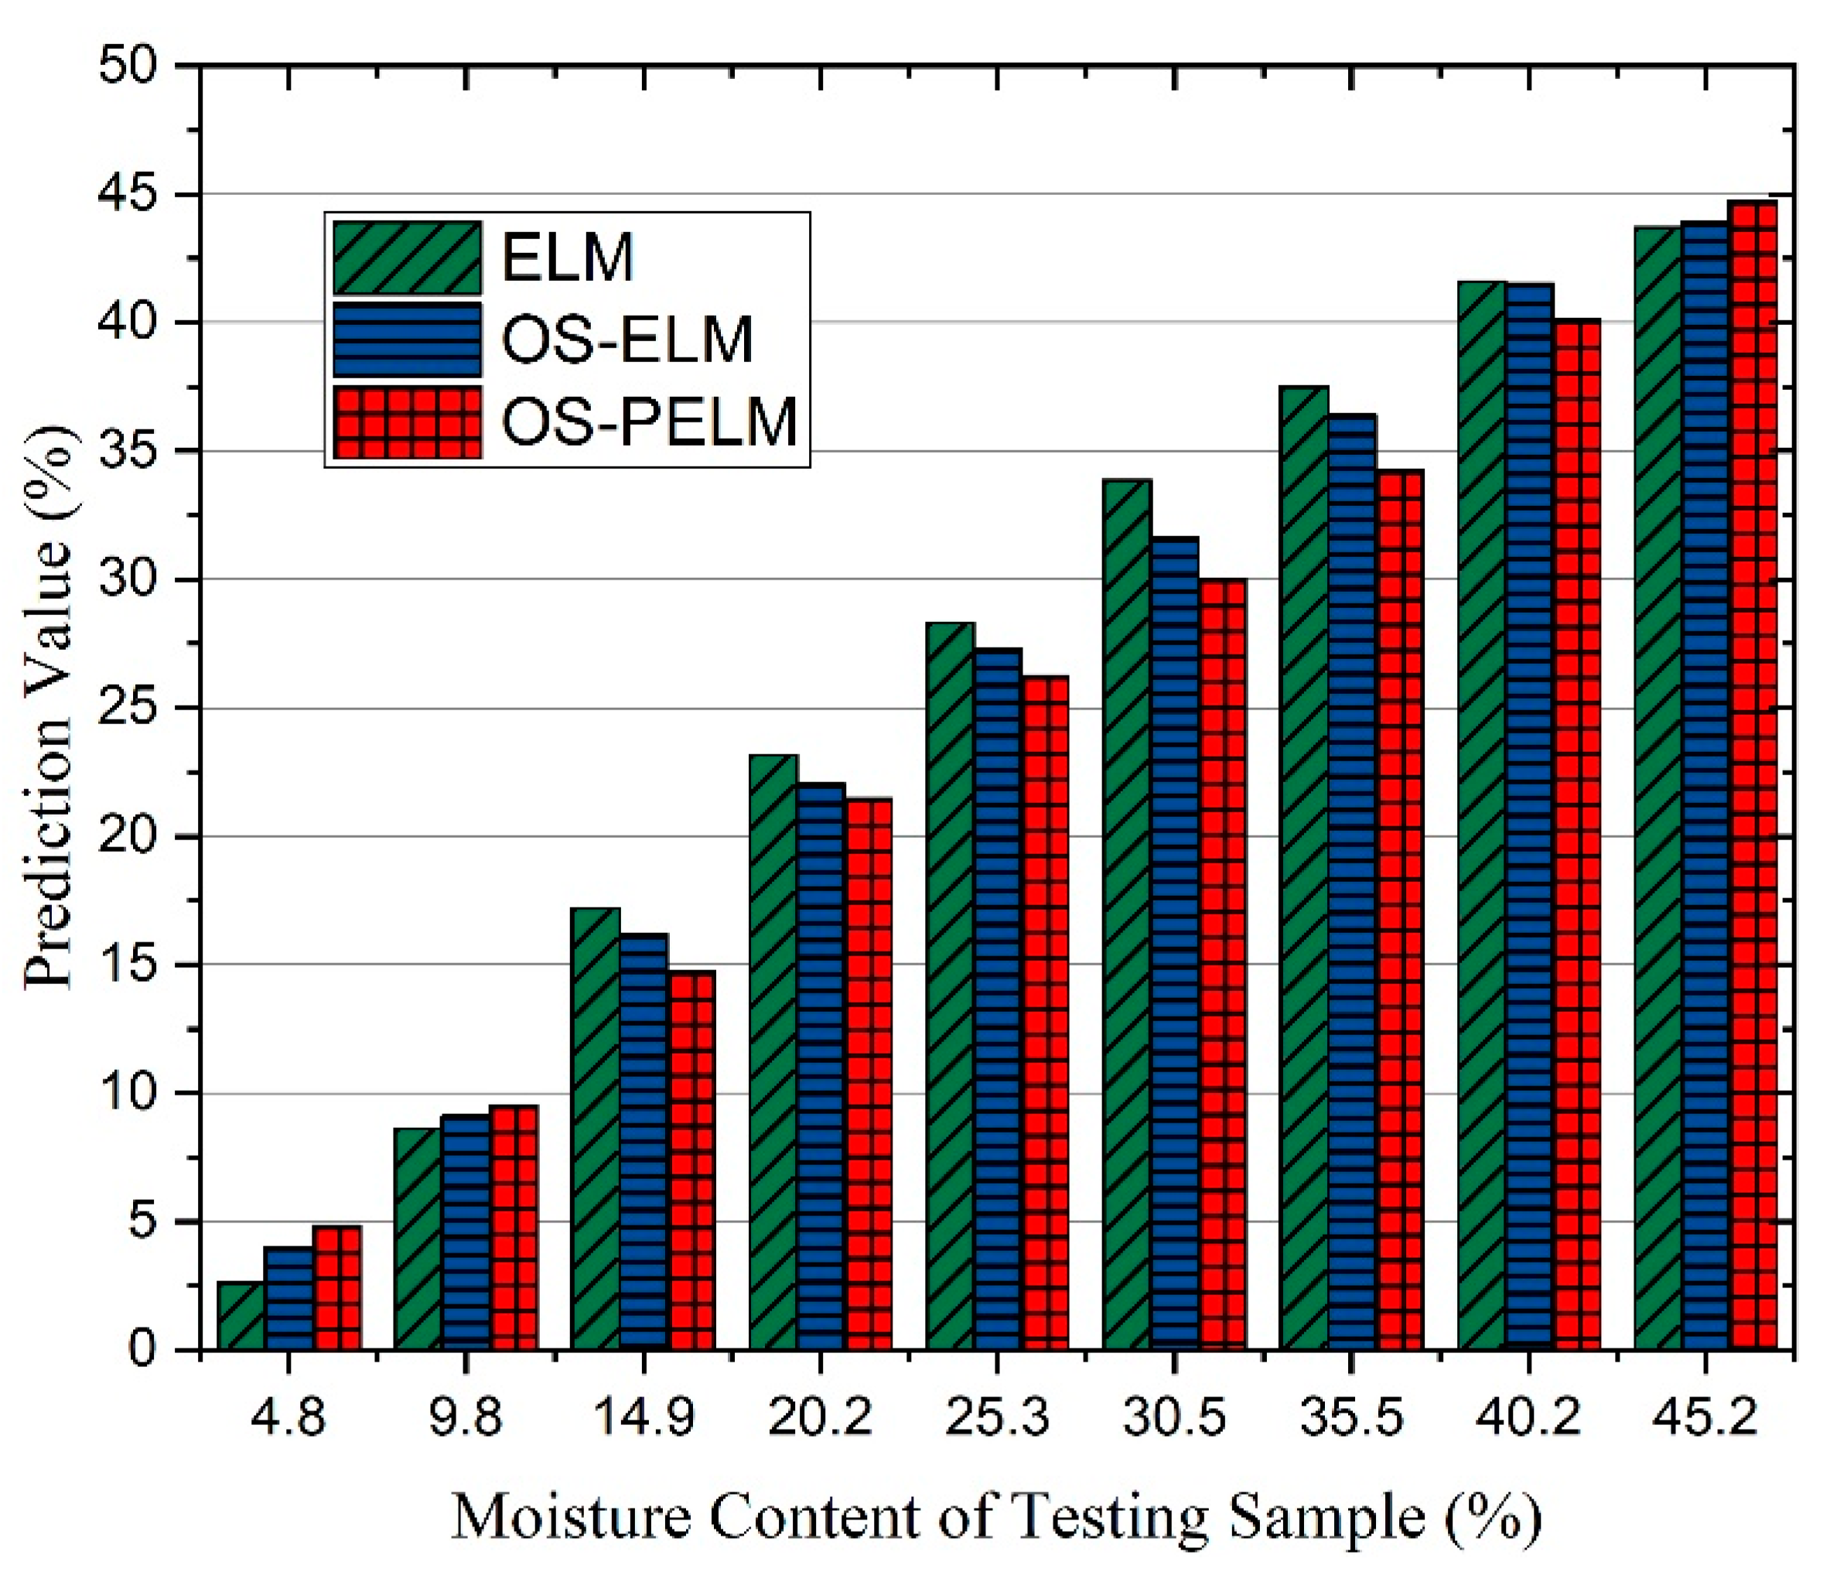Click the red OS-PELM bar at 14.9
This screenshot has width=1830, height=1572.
[x=691, y=1160]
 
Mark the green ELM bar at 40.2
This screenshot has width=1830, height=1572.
[x=1482, y=816]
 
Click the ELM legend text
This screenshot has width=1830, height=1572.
[x=568, y=258]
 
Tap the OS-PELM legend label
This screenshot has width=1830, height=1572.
[x=649, y=422]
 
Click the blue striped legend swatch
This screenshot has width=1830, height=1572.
[x=407, y=340]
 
